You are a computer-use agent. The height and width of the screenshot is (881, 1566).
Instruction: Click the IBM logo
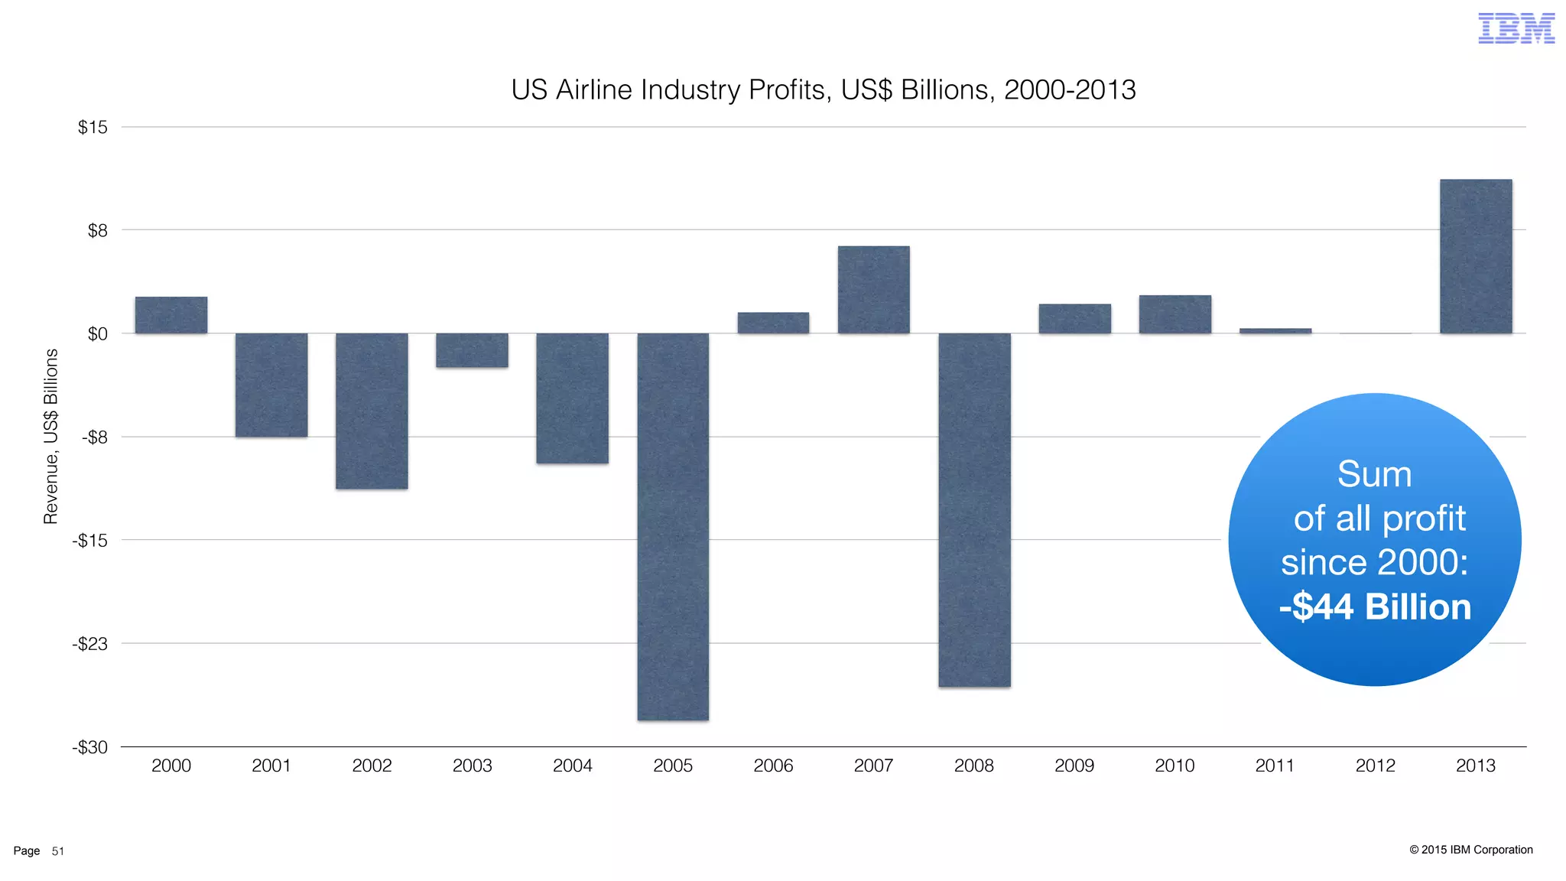click(1516, 28)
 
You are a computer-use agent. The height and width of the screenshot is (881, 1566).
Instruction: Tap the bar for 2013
click(1476, 256)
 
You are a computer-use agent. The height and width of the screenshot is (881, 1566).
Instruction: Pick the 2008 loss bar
click(974, 509)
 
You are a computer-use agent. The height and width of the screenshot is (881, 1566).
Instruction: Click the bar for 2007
click(873, 290)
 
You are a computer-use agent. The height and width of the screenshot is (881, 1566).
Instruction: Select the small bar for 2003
click(472, 350)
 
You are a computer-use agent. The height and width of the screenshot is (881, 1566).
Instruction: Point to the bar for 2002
click(372, 411)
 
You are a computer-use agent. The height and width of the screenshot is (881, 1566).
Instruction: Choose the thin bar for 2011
click(1275, 331)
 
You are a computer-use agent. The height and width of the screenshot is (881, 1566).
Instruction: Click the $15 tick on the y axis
click(93, 127)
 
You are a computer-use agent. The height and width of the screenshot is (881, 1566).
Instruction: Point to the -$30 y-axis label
click(89, 747)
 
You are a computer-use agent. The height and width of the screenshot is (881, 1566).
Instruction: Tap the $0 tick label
click(97, 334)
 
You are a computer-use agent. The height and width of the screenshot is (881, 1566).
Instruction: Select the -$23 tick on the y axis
click(89, 644)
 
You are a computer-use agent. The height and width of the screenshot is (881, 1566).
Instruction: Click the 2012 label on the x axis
click(1375, 766)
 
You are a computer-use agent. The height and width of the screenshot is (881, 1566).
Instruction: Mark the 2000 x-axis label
click(171, 766)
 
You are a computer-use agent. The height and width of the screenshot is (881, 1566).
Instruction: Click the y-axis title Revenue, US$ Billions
click(50, 437)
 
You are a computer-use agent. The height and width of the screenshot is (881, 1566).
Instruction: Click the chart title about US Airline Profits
click(823, 90)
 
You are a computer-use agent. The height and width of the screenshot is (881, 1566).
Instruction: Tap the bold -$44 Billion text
click(1375, 607)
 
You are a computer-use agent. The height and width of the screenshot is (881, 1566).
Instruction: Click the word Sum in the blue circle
click(1374, 474)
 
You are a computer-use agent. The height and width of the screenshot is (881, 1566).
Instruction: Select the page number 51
click(58, 851)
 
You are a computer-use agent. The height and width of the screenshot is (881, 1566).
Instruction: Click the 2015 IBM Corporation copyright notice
click(1470, 850)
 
